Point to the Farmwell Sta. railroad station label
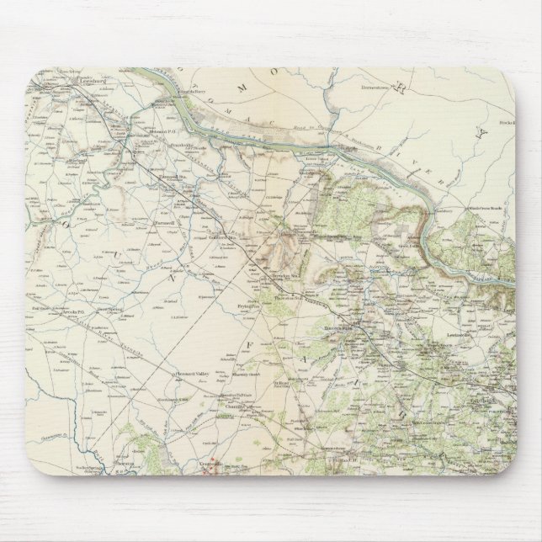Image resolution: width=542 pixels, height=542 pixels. tap(173, 177)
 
